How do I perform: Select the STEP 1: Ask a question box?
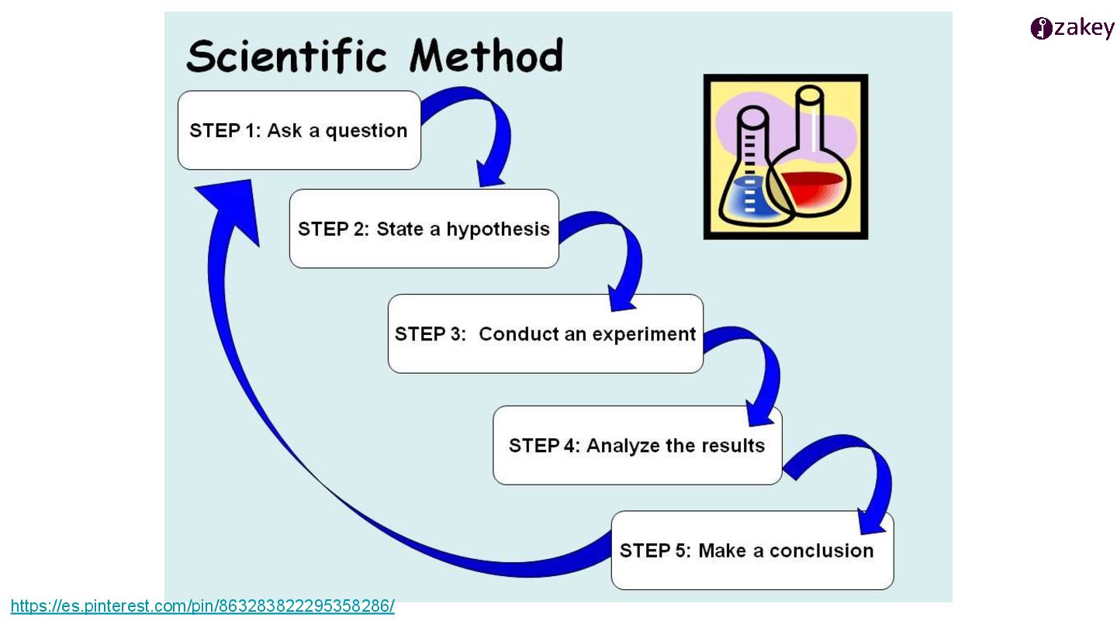tap(299, 130)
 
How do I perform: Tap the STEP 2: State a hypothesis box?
tap(424, 229)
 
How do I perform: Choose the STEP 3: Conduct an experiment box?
tap(545, 334)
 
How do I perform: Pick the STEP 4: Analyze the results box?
tap(637, 446)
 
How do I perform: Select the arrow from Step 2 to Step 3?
tap(621, 256)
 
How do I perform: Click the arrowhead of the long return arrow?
tap(229, 205)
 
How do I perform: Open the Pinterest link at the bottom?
tap(202, 606)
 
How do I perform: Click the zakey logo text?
tap(1084, 29)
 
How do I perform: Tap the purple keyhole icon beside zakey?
tap(1041, 29)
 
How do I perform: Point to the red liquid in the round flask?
tap(811, 186)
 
